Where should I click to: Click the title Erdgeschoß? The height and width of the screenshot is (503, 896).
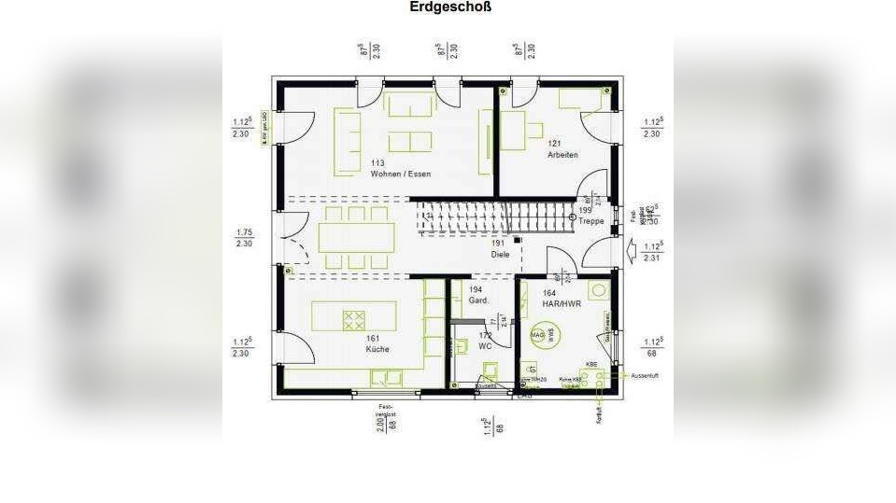click(x=450, y=7)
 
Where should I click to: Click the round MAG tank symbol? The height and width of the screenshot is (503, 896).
click(x=538, y=333)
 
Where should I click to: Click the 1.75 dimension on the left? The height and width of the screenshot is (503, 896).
click(x=244, y=232)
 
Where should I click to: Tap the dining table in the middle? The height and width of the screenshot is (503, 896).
click(x=355, y=237)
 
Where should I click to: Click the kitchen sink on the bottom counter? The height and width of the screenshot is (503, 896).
click(x=386, y=378)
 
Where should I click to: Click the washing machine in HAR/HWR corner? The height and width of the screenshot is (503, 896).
click(x=598, y=289)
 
